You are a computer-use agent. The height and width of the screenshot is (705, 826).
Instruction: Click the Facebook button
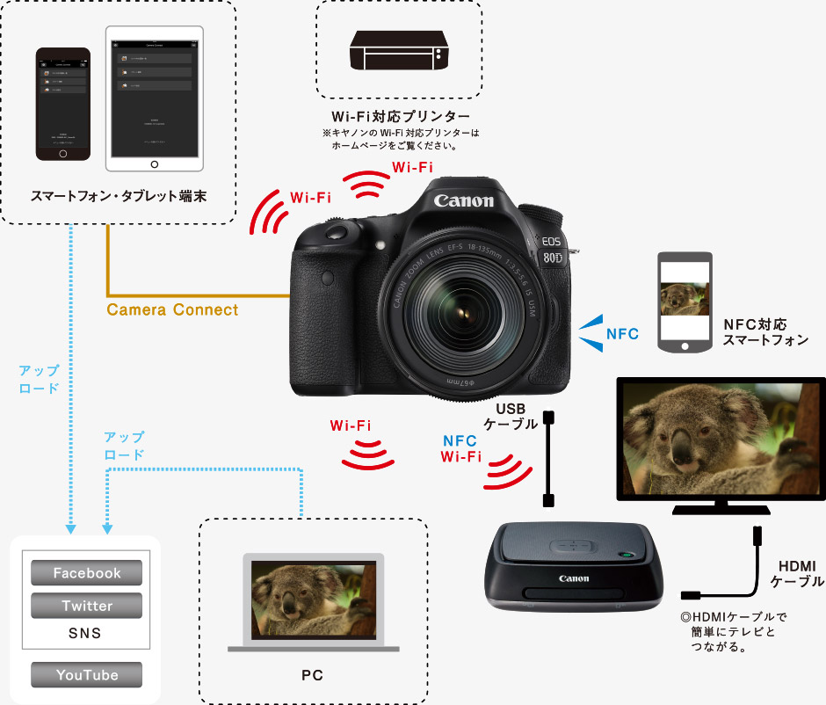(x=87, y=573)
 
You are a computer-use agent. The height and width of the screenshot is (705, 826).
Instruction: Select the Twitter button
(x=87, y=606)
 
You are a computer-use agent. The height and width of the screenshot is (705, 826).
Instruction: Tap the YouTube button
(x=87, y=675)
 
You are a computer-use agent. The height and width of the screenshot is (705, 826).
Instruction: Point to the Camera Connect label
(x=172, y=309)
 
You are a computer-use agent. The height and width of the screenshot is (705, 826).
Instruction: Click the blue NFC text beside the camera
(x=622, y=334)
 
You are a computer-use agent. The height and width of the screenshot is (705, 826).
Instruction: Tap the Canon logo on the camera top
(x=463, y=200)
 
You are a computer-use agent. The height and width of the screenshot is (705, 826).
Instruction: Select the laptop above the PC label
(x=314, y=601)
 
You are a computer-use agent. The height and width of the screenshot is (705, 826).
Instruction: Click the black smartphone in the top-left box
(x=62, y=104)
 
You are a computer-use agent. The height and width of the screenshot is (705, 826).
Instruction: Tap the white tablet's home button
(x=155, y=164)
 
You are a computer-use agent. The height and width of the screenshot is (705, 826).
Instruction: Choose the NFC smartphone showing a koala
(x=686, y=303)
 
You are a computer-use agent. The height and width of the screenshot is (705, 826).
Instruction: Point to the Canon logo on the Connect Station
(x=573, y=578)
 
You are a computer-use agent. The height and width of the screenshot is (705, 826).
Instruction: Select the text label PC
(x=312, y=675)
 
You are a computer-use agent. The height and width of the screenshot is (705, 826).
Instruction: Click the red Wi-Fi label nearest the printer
(x=412, y=167)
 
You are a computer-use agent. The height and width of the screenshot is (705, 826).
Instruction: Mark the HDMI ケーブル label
(x=797, y=573)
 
